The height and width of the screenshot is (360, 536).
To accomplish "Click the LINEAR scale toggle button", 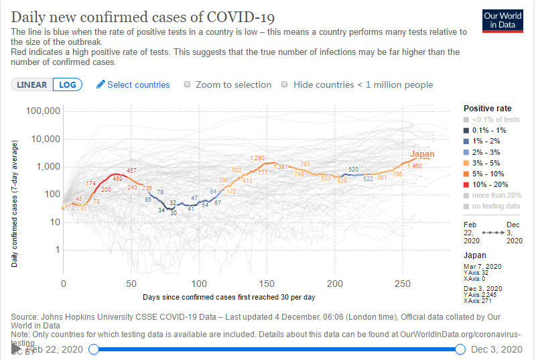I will [32, 84].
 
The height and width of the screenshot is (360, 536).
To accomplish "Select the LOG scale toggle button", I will [68, 84].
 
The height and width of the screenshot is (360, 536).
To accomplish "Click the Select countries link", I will [133, 84].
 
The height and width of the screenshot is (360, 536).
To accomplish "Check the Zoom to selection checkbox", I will [188, 84].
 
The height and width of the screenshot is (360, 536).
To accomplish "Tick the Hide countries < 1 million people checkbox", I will [285, 84].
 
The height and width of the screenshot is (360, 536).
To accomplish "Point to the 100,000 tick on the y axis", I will [42, 111].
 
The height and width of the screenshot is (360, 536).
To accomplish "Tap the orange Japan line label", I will [422, 154].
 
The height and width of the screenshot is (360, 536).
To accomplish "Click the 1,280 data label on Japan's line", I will [257, 158].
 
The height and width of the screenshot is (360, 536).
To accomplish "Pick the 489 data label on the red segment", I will [117, 179].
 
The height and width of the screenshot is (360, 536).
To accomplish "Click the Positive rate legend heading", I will [487, 108].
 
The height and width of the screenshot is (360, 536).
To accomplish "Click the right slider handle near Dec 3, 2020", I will [460, 349].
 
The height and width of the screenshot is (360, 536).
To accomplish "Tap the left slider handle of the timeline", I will [94, 349].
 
